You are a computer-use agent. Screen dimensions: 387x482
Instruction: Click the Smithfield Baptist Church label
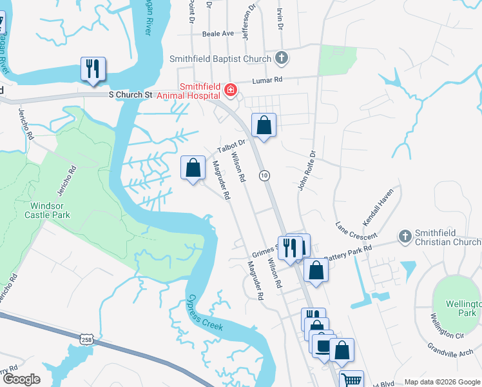coord(220,59)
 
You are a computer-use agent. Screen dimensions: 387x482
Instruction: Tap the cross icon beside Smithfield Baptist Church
coord(280,59)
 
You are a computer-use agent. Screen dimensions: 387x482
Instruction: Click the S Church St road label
coord(130,94)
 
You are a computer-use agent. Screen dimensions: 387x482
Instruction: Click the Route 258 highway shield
coord(87,338)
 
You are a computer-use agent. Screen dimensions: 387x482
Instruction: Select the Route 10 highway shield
coord(264,175)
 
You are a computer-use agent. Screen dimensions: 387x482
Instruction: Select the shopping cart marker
coord(351,380)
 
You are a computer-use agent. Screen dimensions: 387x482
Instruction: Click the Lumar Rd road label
coord(269,80)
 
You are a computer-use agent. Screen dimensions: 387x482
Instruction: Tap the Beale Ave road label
coord(218,34)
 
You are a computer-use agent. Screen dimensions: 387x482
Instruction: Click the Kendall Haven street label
coord(378,209)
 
